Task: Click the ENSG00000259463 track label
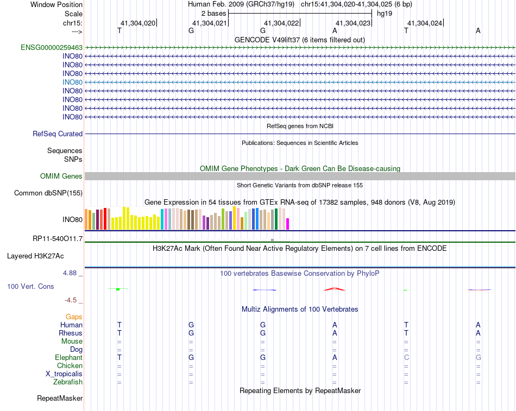(x=52, y=48)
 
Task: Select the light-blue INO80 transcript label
(x=72, y=82)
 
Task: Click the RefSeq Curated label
(x=58, y=134)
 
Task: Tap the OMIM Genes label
(x=61, y=176)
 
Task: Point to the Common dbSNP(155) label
(x=48, y=193)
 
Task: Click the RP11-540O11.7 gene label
(x=58, y=239)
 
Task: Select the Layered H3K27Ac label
(x=45, y=256)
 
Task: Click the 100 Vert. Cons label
(x=30, y=286)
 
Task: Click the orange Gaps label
(x=74, y=317)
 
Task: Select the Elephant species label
(x=68, y=358)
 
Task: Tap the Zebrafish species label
(x=68, y=382)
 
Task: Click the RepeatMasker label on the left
(x=60, y=399)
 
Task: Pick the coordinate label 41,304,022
(x=281, y=23)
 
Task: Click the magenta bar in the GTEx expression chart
(x=288, y=224)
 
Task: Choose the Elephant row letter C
(x=406, y=358)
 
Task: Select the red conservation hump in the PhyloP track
(x=335, y=289)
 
